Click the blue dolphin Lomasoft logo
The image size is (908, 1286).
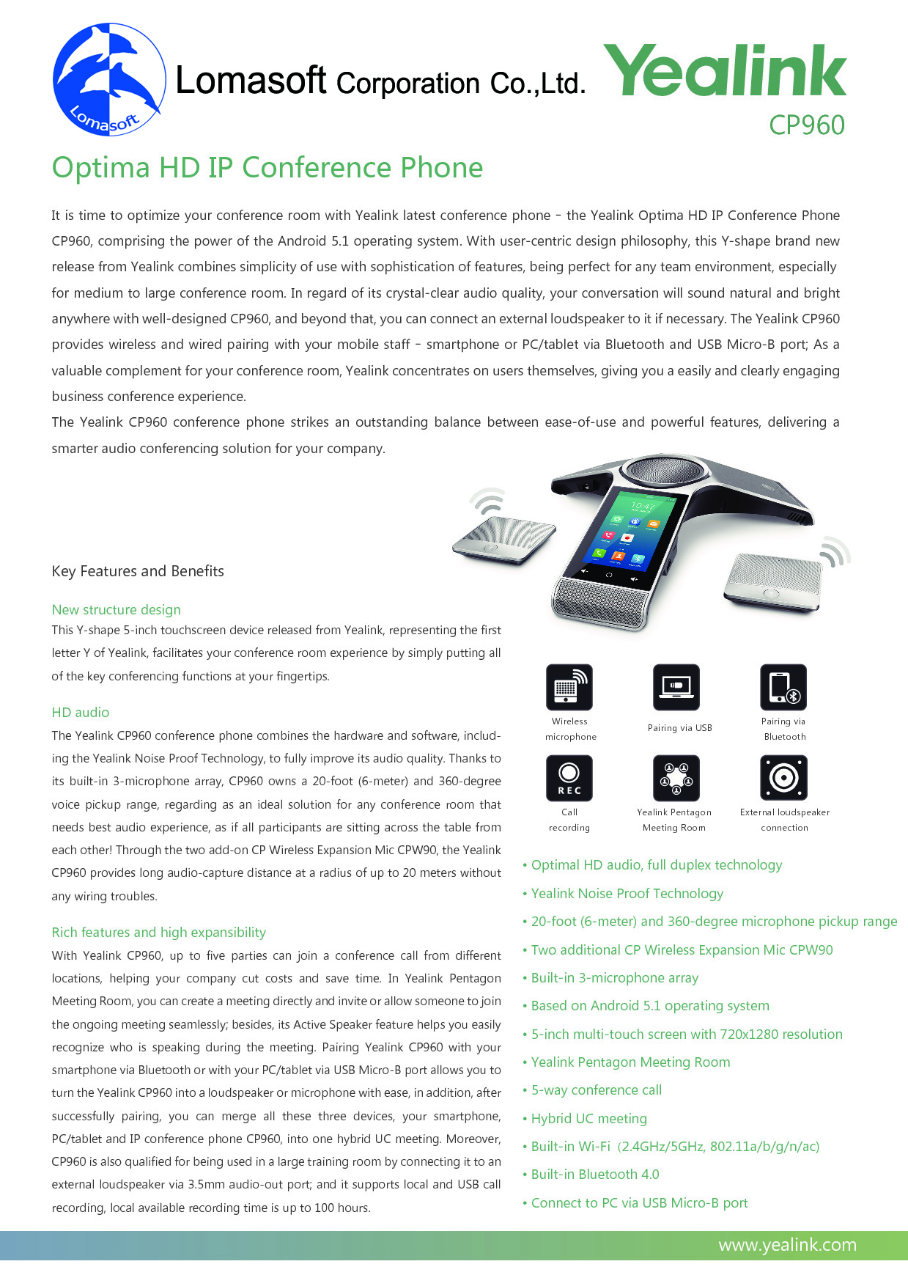[108, 79]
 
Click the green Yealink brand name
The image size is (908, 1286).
[724, 70]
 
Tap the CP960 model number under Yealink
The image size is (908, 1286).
[806, 125]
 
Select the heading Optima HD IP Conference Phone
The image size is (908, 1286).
[267, 168]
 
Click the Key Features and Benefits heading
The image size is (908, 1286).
[138, 571]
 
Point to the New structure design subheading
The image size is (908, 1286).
[116, 609]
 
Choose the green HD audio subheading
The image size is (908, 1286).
[81, 712]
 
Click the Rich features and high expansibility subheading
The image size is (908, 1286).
[159, 932]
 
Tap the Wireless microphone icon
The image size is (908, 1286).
[569, 687]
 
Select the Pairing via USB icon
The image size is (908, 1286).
[676, 687]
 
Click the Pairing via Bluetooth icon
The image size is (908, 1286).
[783, 687]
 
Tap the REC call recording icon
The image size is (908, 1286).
[569, 778]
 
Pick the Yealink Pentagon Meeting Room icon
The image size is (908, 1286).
[676, 778]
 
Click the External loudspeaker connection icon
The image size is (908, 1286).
[783, 778]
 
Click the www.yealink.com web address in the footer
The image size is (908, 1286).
[787, 1245]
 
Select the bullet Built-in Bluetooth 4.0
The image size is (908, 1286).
[595, 1175]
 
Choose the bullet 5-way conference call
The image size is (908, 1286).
[597, 1090]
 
